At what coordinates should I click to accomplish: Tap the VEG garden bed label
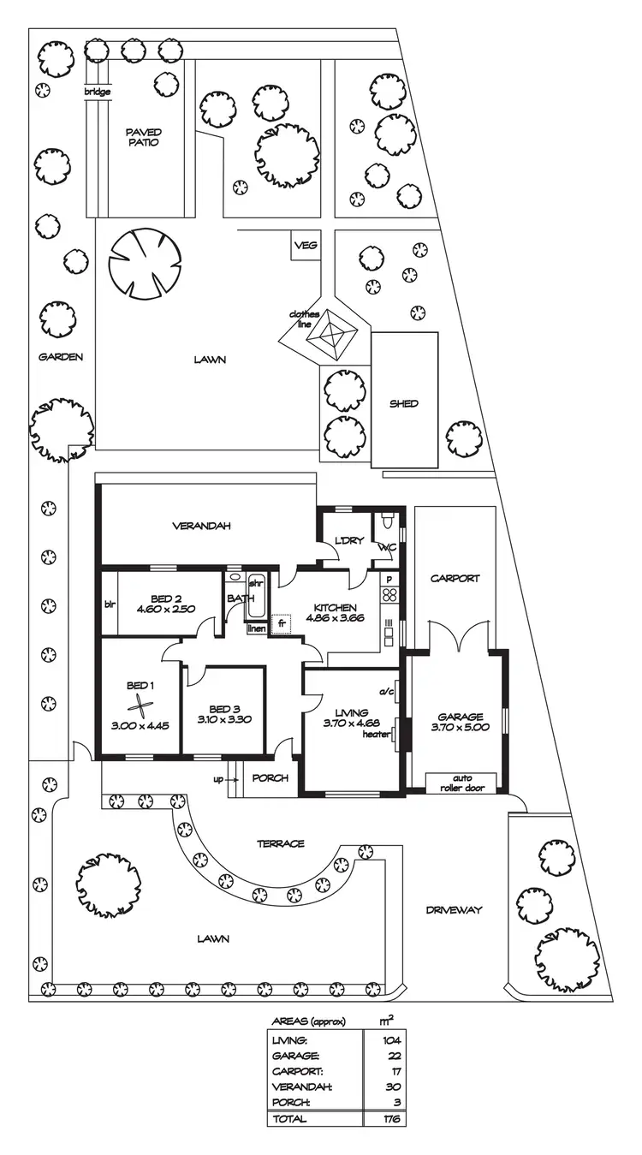[306, 246]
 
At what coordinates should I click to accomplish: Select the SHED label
[404, 403]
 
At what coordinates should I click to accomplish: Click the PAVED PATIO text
[143, 137]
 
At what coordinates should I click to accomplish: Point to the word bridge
[97, 92]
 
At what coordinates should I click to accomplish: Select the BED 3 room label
[223, 709]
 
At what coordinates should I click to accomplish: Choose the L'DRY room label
[351, 540]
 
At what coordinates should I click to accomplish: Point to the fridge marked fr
[281, 624]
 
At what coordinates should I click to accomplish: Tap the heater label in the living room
[375, 734]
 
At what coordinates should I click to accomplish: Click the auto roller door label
[462, 783]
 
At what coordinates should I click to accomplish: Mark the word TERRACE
[281, 843]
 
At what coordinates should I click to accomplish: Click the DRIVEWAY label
[454, 910]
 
